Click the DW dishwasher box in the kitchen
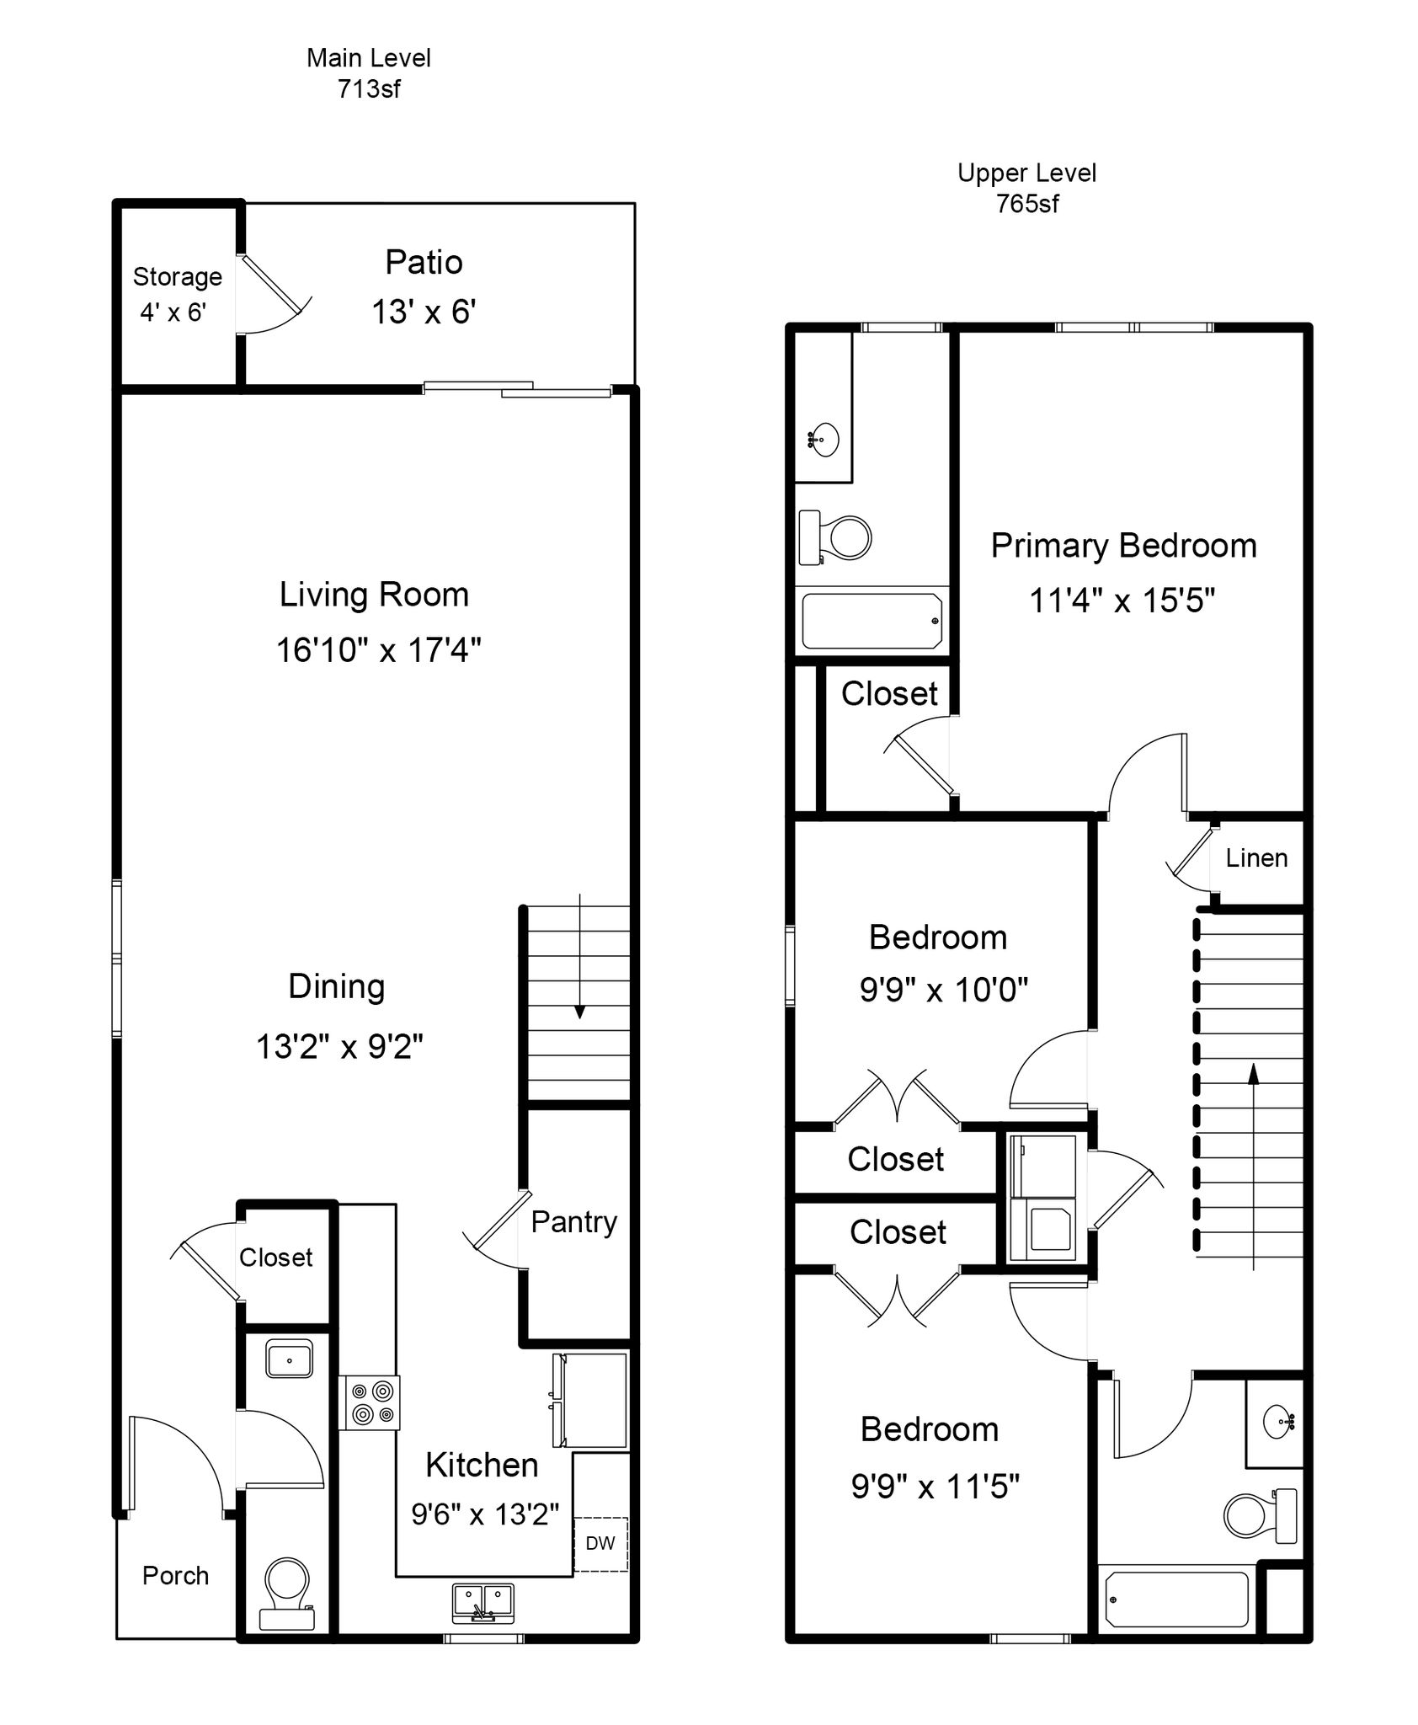(600, 1543)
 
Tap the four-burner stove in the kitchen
(370, 1402)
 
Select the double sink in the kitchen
(483, 1603)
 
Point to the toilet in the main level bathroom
(287, 1594)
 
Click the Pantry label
(574, 1221)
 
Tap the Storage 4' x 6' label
(178, 294)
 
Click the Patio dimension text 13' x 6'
(424, 312)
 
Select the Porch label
(175, 1576)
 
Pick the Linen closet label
(1256, 858)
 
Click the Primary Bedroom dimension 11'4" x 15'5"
(1122, 601)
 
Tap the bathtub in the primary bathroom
(872, 622)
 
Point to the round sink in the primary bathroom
(824, 439)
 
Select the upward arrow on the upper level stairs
(1253, 1166)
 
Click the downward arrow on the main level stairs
(579, 957)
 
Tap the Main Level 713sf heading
(369, 73)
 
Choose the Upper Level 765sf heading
(1027, 189)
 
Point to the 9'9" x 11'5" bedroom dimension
(936, 1487)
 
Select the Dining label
(337, 987)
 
